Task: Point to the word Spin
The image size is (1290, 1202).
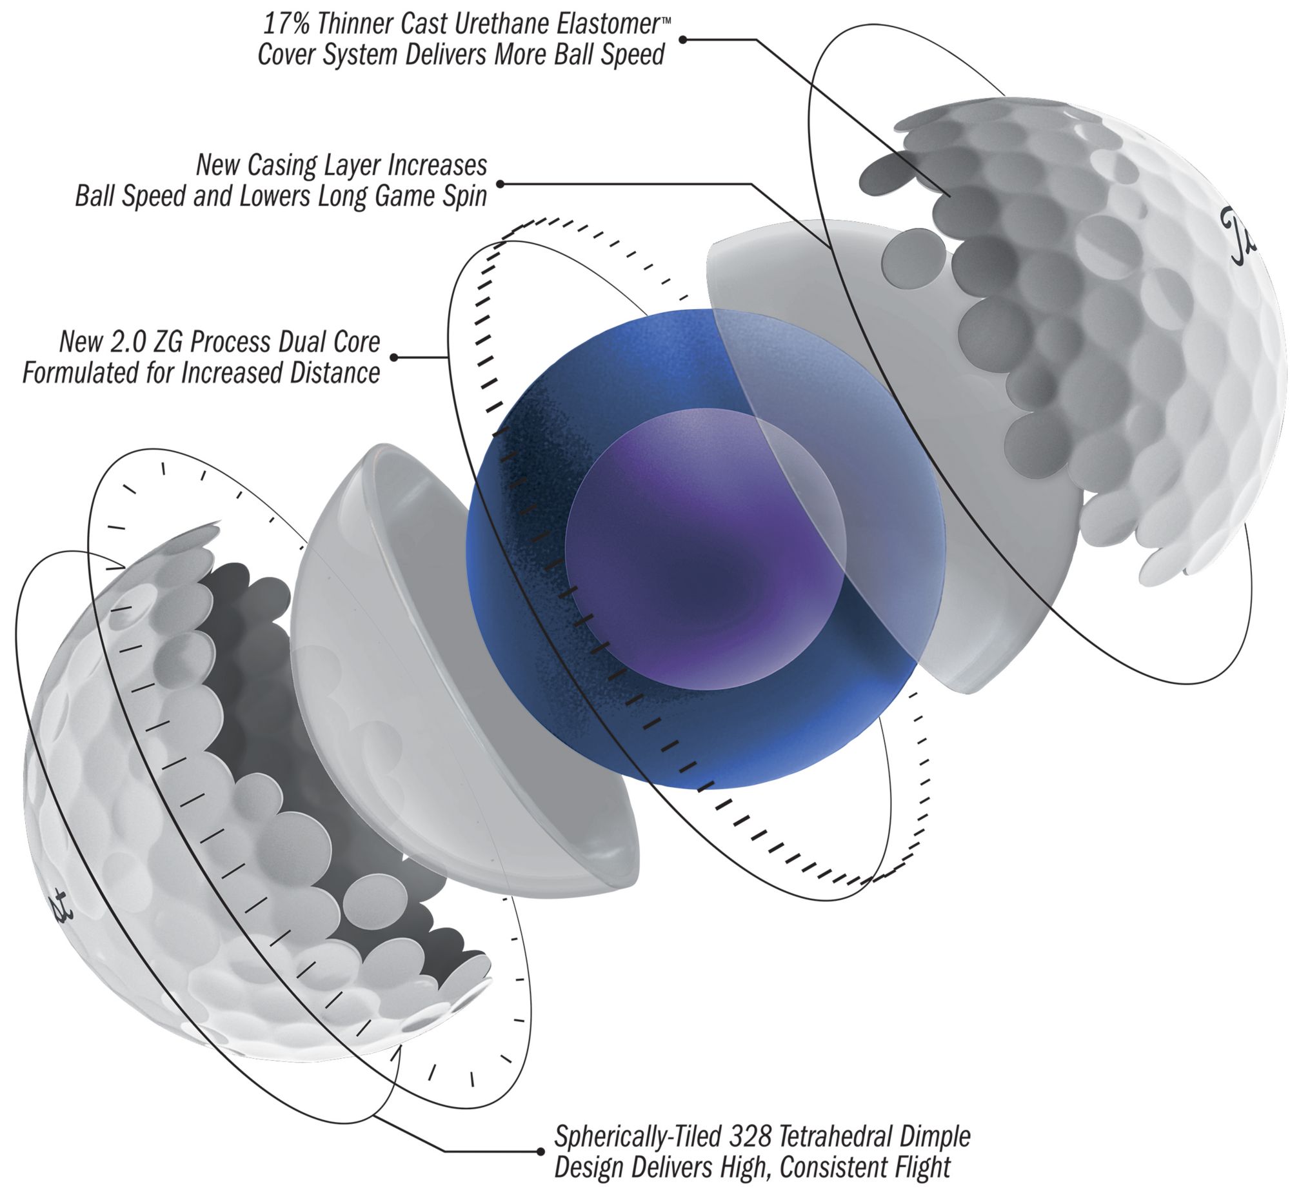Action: [x=462, y=196]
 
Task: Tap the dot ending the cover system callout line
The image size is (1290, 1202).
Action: [x=682, y=39]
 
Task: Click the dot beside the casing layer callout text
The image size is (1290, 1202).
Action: [x=501, y=185]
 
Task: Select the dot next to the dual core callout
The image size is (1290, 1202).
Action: [x=394, y=357]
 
